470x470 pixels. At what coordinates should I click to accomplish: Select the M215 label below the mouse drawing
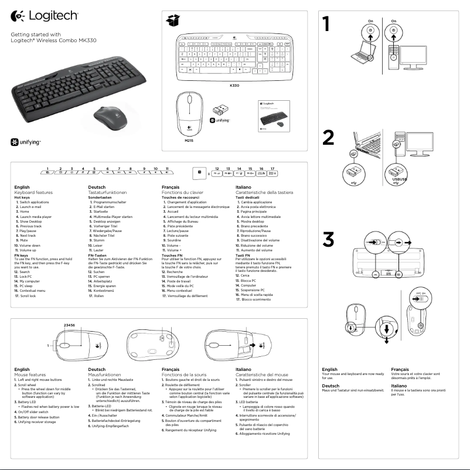(189, 141)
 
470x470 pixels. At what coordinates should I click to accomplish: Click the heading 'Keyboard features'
(33, 192)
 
